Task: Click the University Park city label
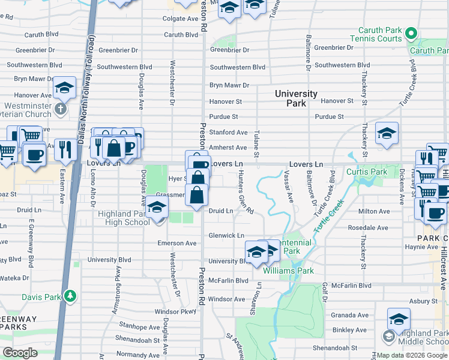click(x=296, y=98)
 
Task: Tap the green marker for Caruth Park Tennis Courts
click(x=411, y=34)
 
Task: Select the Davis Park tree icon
click(x=71, y=296)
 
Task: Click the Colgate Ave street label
click(x=181, y=19)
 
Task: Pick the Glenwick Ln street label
click(x=226, y=236)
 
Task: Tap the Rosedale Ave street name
click(x=369, y=228)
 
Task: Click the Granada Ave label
click(x=350, y=315)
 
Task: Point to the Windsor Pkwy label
click(x=175, y=312)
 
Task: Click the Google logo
click(x=20, y=353)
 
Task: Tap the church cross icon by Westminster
click(x=59, y=109)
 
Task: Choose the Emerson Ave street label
click(x=177, y=244)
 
